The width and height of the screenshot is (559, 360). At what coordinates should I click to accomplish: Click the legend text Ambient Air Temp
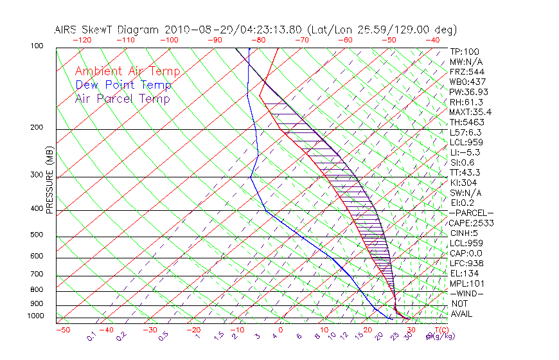pos(127,71)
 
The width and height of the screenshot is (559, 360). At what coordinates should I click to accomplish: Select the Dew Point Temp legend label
pos(123,85)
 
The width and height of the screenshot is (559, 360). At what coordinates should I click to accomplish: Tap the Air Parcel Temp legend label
pos(122,98)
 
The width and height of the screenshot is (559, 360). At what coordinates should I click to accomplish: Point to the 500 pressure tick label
pos(37,235)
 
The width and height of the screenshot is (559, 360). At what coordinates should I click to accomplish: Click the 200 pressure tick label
pos(37,127)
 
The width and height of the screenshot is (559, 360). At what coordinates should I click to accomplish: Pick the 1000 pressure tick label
pos(35,316)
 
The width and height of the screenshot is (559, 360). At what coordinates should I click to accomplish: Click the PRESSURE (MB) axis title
pos(50,180)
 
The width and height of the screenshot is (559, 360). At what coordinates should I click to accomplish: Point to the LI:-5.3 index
pos(465,152)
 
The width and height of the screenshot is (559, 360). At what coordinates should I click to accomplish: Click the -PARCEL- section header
pos(472,213)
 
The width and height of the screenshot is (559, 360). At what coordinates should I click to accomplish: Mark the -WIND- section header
pos(467,293)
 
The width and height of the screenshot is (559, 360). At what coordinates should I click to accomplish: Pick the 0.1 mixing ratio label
pos(91,336)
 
